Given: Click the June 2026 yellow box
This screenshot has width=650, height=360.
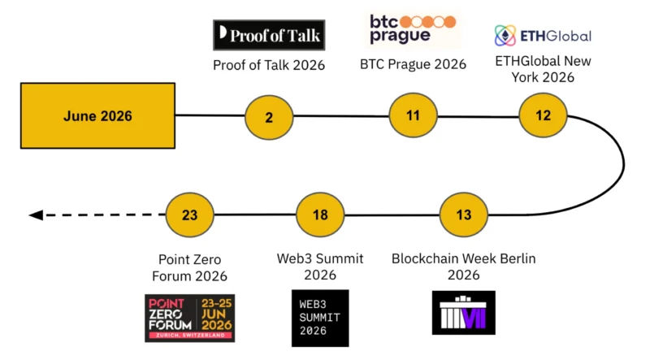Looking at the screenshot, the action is coord(97,115).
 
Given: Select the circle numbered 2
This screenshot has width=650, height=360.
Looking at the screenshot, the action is coord(269,117).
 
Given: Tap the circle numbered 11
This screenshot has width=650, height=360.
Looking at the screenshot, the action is coord(413,115).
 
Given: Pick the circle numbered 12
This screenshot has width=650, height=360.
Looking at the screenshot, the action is coord(543,115).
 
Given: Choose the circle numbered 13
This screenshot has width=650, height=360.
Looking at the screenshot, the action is coord(463,215).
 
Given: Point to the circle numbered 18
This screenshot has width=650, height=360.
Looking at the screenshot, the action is coord(320,215).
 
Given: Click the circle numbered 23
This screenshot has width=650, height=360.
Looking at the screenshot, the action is coord(189,215).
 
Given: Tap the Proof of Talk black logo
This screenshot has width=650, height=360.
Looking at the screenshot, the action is coord(269,35).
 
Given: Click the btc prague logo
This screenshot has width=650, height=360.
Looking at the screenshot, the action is coord(413,29).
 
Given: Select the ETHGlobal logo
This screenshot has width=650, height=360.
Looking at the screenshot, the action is coord(543,36).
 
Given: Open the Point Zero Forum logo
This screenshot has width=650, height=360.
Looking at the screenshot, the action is coord(190,318).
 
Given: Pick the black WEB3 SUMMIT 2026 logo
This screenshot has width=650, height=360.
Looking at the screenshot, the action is coord(320,318).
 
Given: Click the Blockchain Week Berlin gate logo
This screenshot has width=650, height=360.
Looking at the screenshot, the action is coord(463,313).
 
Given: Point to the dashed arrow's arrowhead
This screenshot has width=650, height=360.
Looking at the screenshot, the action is coord(36,215).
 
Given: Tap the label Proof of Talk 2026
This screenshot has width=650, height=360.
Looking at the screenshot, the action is coord(269,65).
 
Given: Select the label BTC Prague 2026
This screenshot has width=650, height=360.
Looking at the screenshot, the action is coord(413,64).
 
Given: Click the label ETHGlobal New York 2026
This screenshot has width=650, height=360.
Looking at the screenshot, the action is coord(543,69).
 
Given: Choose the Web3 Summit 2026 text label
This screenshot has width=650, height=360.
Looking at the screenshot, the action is coord(320,267).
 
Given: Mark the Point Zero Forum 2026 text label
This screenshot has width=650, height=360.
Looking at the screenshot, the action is coord(189,267).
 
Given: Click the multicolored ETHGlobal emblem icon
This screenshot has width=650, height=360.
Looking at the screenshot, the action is coord(505,36).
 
